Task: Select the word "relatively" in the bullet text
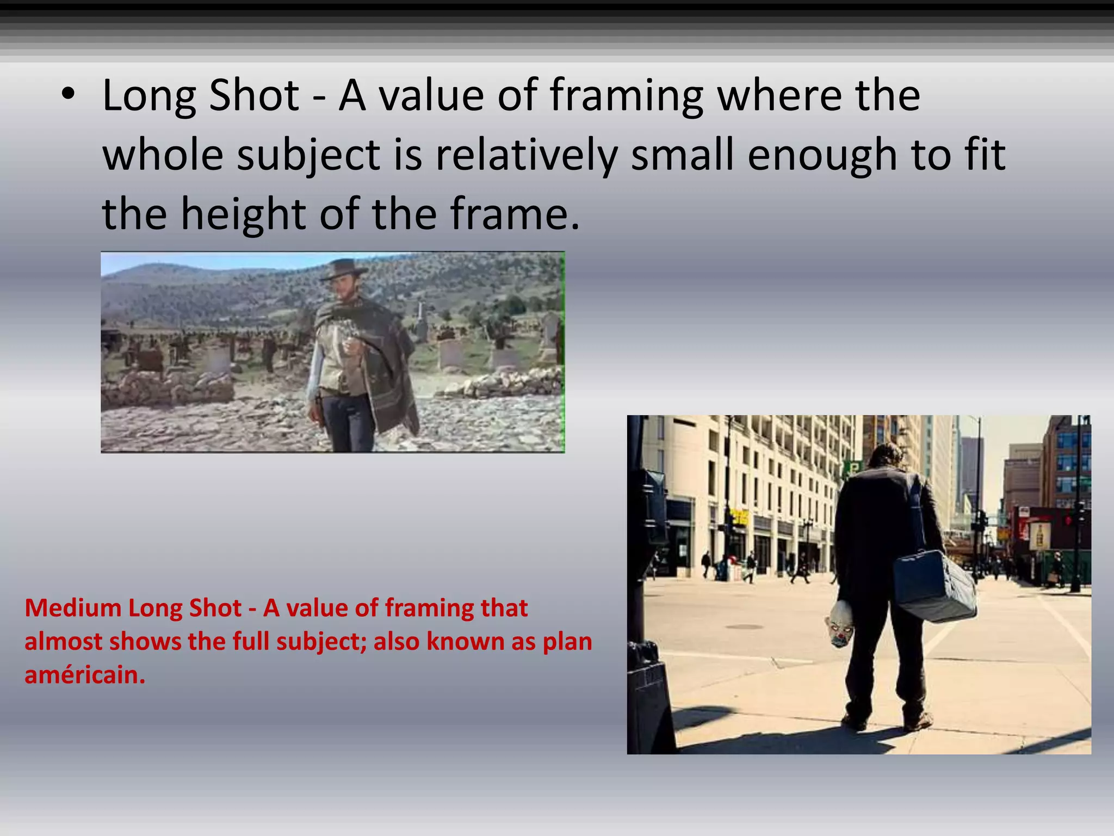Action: (x=526, y=155)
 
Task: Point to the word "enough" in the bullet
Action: (x=822, y=155)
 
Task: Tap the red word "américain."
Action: (x=85, y=675)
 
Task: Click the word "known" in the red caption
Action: (x=464, y=642)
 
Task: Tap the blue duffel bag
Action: (x=933, y=587)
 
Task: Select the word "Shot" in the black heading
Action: (x=254, y=96)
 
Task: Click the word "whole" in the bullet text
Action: (x=163, y=155)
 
